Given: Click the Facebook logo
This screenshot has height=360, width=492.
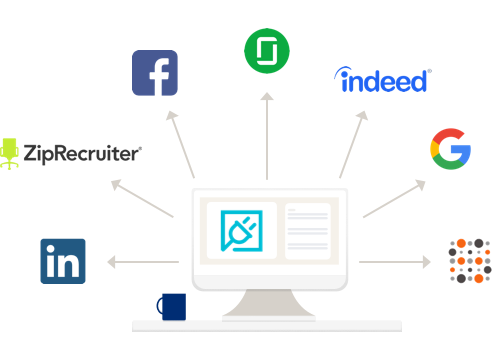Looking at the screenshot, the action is (x=155, y=72).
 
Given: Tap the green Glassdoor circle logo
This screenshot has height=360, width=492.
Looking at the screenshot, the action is (x=266, y=50).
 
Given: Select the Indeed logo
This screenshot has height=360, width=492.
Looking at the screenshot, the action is (x=382, y=80).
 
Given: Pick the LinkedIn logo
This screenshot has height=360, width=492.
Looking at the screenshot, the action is (x=62, y=261).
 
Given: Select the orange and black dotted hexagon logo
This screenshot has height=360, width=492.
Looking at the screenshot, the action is (x=469, y=260).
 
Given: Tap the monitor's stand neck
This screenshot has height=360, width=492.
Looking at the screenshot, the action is (x=267, y=304).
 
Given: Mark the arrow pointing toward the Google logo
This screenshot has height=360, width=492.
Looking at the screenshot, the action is (x=394, y=198).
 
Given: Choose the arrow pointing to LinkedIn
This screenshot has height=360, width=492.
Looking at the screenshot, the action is (x=144, y=262).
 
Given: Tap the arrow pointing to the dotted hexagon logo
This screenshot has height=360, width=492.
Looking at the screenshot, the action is (x=394, y=262).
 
